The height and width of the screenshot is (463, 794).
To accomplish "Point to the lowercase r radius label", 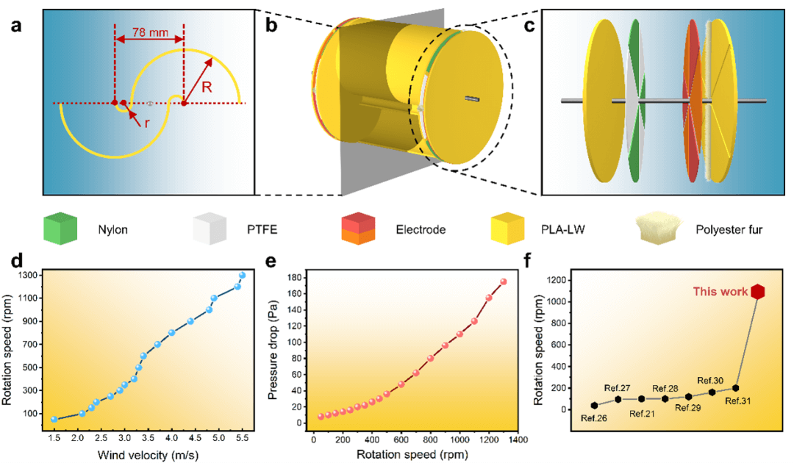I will click(x=146, y=123).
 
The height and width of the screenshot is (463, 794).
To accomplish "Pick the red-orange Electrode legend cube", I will click(x=360, y=229).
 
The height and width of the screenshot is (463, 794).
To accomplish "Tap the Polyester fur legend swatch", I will click(x=660, y=229).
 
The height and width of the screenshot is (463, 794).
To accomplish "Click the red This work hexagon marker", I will click(x=758, y=292).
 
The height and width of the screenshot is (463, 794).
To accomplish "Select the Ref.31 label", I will click(x=737, y=401).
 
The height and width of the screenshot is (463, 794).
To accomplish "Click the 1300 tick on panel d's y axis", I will click(x=31, y=275).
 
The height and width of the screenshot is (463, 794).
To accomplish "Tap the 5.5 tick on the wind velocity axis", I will click(x=240, y=438).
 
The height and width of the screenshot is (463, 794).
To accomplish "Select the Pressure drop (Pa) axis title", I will click(x=273, y=348).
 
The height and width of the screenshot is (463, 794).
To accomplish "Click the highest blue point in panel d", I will click(x=242, y=276).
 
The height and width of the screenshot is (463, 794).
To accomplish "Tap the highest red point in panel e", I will click(x=504, y=281).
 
